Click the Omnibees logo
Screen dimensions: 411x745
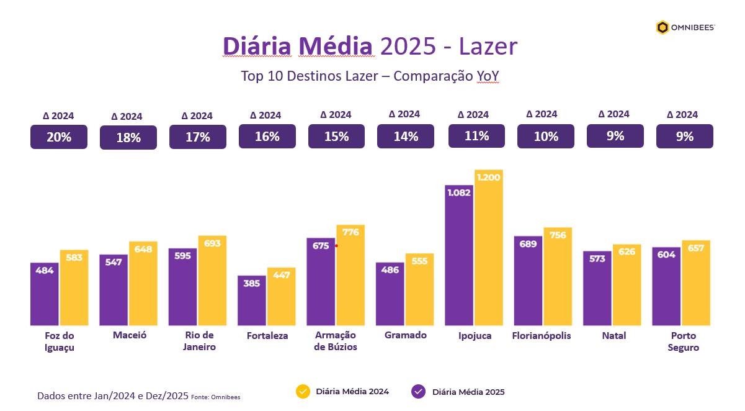685,27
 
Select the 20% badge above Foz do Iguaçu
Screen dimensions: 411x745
59,137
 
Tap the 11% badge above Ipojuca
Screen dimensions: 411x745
476,136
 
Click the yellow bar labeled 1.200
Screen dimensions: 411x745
489,248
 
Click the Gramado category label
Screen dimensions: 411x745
406,335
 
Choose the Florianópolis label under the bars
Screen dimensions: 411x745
542,336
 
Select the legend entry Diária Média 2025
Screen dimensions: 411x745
459,392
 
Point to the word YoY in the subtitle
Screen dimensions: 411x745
488,76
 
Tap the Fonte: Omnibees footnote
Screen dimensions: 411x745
215,397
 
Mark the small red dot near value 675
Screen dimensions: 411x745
336,246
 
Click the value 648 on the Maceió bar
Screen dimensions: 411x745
143,249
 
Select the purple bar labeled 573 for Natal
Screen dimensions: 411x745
597,289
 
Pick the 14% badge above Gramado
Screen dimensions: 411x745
406,137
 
